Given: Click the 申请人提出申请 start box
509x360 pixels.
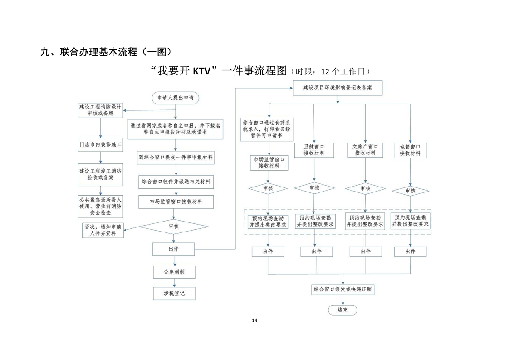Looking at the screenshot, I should coord(175,97).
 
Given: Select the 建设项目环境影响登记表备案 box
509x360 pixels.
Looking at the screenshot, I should coord(337,88).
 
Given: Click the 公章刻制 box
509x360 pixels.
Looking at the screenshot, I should coord(174,272).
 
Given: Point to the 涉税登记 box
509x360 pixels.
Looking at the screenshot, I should coord(174,293).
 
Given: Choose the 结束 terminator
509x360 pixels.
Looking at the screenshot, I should coord(343,310).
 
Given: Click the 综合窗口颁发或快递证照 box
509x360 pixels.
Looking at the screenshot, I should coord(343,289).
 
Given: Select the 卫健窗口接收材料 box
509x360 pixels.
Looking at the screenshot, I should coord(314,150).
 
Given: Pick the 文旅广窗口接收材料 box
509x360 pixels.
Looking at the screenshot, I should coord(365,150).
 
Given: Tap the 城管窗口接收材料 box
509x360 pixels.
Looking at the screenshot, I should coord(410,150).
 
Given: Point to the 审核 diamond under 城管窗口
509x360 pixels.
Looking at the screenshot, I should coord(410,191).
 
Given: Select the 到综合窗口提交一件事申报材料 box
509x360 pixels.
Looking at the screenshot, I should coord(176,158).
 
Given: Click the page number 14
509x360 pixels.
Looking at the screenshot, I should coord(254,321).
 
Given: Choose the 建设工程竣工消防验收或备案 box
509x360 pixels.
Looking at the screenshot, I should coord(100,174).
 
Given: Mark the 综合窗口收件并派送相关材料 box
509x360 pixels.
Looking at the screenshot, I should coord(176,182).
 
